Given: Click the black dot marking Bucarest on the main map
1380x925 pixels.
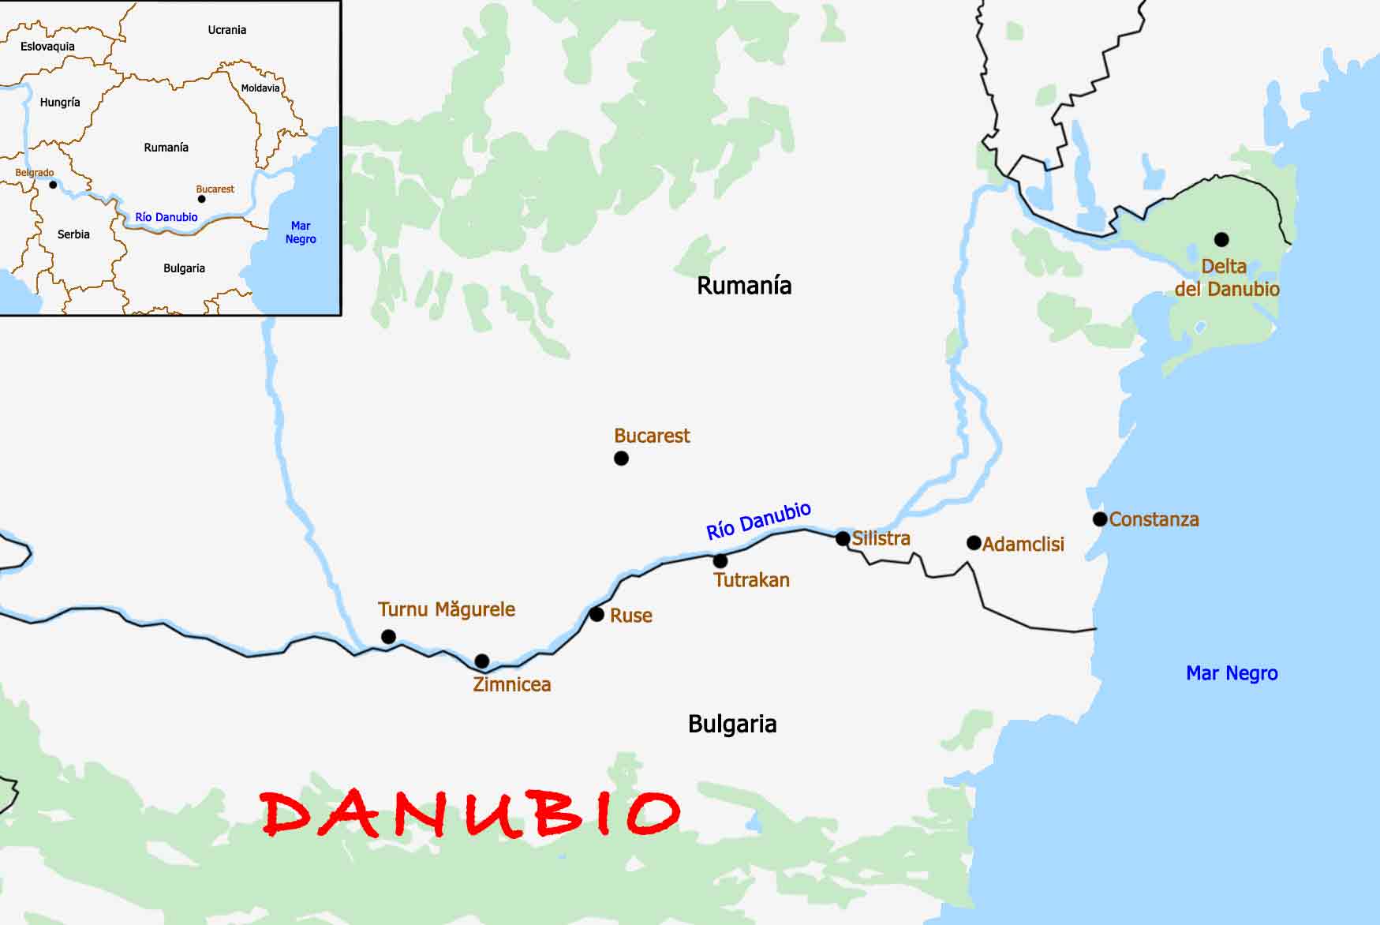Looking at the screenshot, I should (x=621, y=458).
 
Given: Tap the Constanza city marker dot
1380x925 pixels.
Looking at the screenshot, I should (x=1100, y=519).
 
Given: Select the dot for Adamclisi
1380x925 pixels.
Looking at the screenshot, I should (x=974, y=543).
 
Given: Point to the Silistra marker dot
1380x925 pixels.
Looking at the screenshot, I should (x=843, y=539).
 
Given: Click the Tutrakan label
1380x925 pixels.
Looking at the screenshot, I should (x=751, y=580).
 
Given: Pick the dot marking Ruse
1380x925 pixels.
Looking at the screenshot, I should (x=597, y=614).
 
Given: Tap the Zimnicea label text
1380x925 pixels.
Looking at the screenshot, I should (x=511, y=684).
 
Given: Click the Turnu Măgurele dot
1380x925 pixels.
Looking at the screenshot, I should (x=388, y=636).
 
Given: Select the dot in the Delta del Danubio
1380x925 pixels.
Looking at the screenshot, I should (x=1221, y=239).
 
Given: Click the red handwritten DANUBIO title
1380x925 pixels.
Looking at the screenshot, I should (x=470, y=813).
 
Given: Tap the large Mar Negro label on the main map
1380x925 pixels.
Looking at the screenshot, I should (x=1232, y=673).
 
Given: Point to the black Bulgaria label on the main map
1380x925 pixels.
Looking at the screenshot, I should (x=732, y=724).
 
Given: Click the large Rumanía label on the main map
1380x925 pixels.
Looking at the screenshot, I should (x=744, y=285).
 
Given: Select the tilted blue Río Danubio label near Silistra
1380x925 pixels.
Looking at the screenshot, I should (x=758, y=521).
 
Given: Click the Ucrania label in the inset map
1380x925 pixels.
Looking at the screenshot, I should (x=227, y=30).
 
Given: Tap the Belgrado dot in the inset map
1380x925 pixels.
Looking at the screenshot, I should (x=53, y=185).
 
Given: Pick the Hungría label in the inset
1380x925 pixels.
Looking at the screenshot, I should (x=60, y=103).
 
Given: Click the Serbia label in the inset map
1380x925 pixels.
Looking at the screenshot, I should (x=73, y=234).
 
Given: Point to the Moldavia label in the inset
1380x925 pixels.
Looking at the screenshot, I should (x=260, y=88).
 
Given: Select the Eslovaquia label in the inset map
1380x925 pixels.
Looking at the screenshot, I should (x=47, y=47).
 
